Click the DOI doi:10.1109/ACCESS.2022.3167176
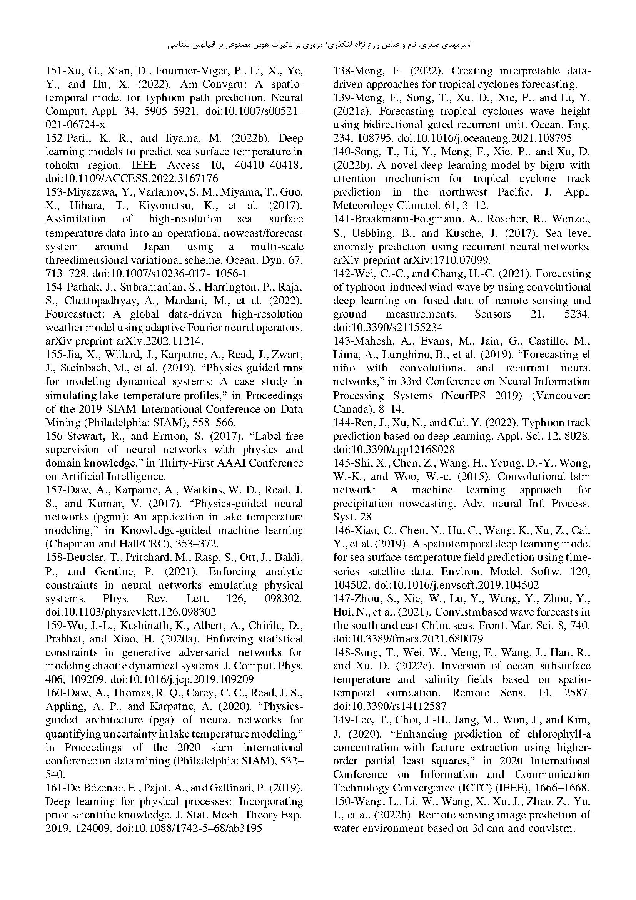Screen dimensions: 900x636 (x=132, y=179)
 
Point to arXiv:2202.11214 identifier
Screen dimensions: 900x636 (x=160, y=341)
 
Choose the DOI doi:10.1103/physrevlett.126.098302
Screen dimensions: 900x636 (x=130, y=612)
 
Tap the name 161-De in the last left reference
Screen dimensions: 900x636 (x=63, y=788)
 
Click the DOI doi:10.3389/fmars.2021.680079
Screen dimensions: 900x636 (x=408, y=639)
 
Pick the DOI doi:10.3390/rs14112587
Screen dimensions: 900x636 (x=389, y=706)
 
